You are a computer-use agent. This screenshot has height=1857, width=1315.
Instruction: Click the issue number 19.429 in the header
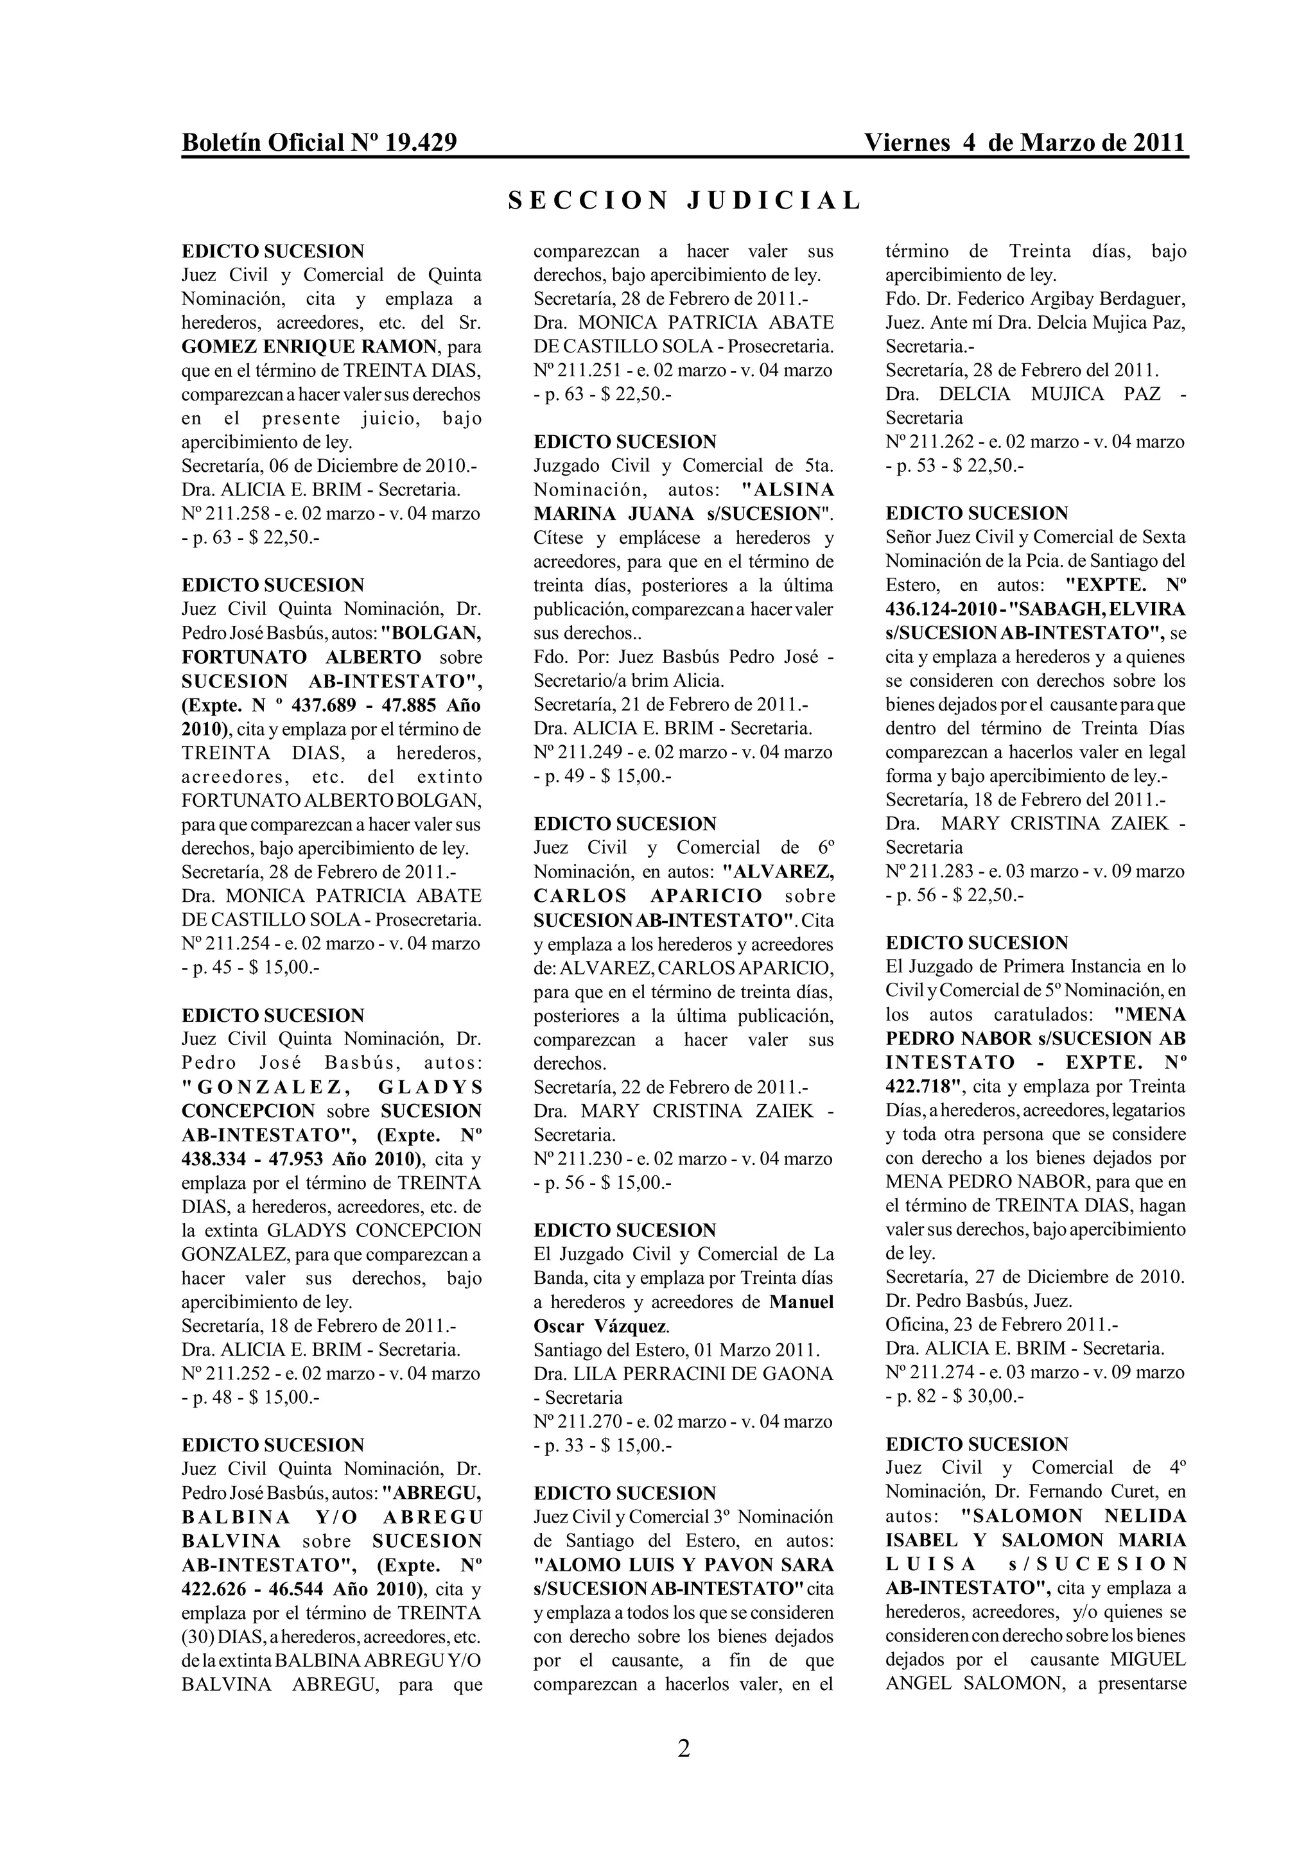(x=421, y=143)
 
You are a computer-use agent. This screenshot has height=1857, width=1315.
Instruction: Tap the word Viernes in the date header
(x=907, y=143)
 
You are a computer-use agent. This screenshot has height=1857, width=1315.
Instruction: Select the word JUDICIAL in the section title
(x=774, y=201)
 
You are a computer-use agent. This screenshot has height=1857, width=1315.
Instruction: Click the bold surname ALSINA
(x=788, y=490)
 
